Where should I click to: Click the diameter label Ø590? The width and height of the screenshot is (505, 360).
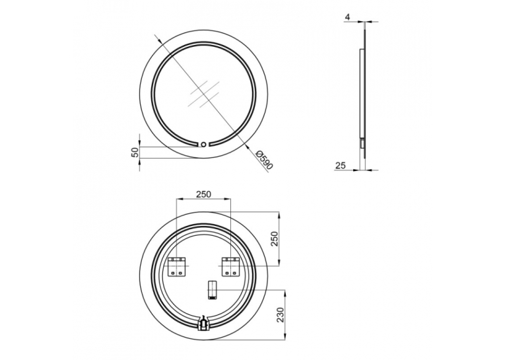pyautogui.click(x=264, y=160)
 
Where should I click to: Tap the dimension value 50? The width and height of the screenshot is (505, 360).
pyautogui.click(x=136, y=152)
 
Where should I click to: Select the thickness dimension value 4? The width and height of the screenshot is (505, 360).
pyautogui.click(x=347, y=17)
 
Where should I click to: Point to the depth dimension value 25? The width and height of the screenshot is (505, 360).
pyautogui.click(x=341, y=166)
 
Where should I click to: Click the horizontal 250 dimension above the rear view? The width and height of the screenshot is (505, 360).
pyautogui.click(x=203, y=194)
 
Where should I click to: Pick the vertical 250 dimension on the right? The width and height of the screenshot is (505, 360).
pyautogui.click(x=274, y=239)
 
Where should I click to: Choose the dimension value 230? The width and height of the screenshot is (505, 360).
pyautogui.click(x=280, y=314)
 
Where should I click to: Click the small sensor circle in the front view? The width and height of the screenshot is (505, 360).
pyautogui.click(x=203, y=145)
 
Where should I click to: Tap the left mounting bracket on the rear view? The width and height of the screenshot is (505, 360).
pyautogui.click(x=177, y=267)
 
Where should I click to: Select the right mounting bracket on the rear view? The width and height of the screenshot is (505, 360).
pyautogui.click(x=230, y=267)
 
